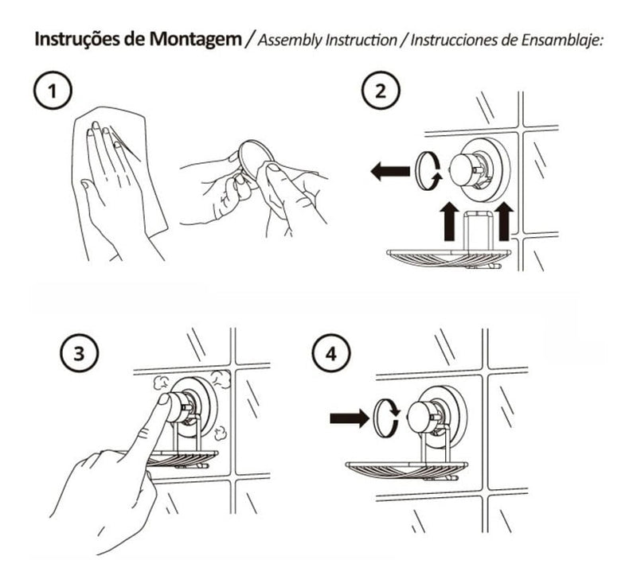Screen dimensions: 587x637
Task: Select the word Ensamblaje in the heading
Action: (565, 41)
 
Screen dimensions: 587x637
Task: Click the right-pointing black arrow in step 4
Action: (347, 415)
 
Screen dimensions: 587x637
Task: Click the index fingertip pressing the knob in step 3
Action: (166, 403)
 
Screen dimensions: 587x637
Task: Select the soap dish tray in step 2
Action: (442, 257)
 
